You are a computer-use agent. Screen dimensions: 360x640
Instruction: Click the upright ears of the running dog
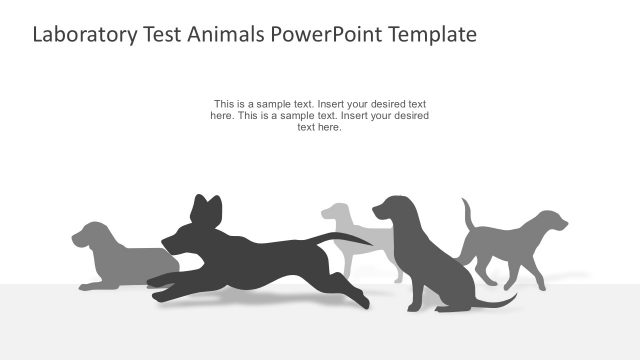coord(206,207)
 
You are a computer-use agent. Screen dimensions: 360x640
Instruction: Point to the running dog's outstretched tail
coord(345,238)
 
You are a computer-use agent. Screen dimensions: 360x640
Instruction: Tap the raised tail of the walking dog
coord(467,214)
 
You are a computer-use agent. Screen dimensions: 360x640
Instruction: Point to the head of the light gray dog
coord(337,213)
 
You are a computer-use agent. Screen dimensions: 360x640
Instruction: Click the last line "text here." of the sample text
coord(320,128)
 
